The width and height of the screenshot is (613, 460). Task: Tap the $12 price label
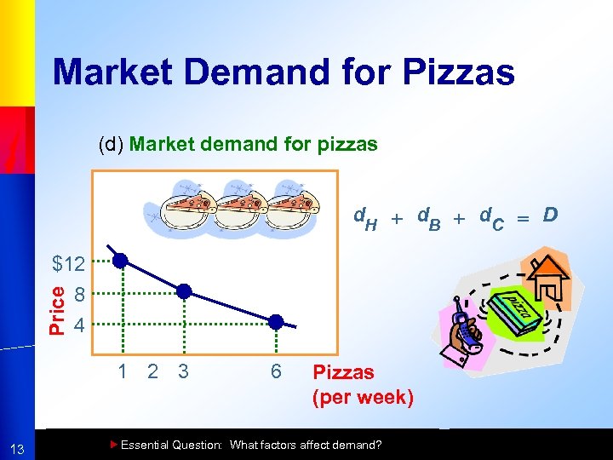(68, 265)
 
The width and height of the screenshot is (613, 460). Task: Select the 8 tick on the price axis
(78, 296)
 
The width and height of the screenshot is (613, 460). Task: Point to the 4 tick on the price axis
(78, 325)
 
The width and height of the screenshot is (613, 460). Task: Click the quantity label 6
(276, 371)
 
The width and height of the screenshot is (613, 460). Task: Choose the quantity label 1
(123, 371)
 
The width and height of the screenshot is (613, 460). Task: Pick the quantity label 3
(182, 371)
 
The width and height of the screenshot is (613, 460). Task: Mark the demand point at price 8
(184, 291)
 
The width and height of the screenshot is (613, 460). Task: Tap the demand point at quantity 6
(276, 322)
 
